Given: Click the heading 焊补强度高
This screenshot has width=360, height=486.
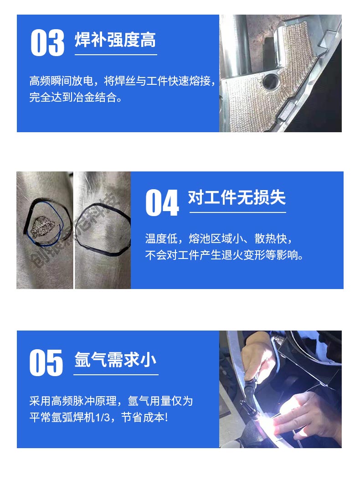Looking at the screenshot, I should click(115, 40).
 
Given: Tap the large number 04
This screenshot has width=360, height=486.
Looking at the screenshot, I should click(162, 203).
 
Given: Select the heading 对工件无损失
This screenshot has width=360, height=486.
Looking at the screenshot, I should click(237, 198).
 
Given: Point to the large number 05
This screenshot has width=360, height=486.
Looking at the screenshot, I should click(46, 363).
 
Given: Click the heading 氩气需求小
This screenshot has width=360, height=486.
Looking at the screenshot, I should click(115, 360).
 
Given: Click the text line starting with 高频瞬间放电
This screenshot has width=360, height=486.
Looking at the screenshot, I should click(122, 82).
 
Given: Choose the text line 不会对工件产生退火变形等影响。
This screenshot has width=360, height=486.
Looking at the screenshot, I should click(224, 255).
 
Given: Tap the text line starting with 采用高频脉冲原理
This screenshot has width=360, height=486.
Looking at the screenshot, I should click(111, 401).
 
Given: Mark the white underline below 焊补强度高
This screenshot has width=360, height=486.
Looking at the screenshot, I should click(116, 55).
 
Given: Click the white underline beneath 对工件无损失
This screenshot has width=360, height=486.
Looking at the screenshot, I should click(237, 212).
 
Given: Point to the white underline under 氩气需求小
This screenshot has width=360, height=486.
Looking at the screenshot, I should click(116, 375).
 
